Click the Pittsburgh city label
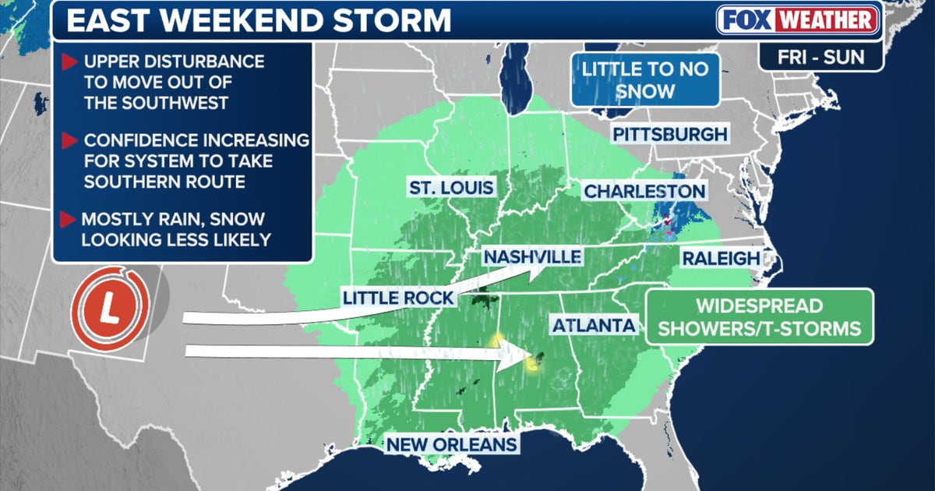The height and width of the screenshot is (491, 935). click(x=669, y=134)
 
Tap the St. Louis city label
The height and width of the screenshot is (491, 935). click(x=451, y=188)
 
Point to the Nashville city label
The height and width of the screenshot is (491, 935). click(x=531, y=256)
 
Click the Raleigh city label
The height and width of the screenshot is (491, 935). click(x=720, y=259)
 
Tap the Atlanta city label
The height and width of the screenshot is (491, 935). click(x=594, y=325)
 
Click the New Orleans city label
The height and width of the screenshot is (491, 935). click(x=452, y=444)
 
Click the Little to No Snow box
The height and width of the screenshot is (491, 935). click(x=644, y=79)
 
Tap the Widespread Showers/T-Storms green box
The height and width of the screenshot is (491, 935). click(x=760, y=316)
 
